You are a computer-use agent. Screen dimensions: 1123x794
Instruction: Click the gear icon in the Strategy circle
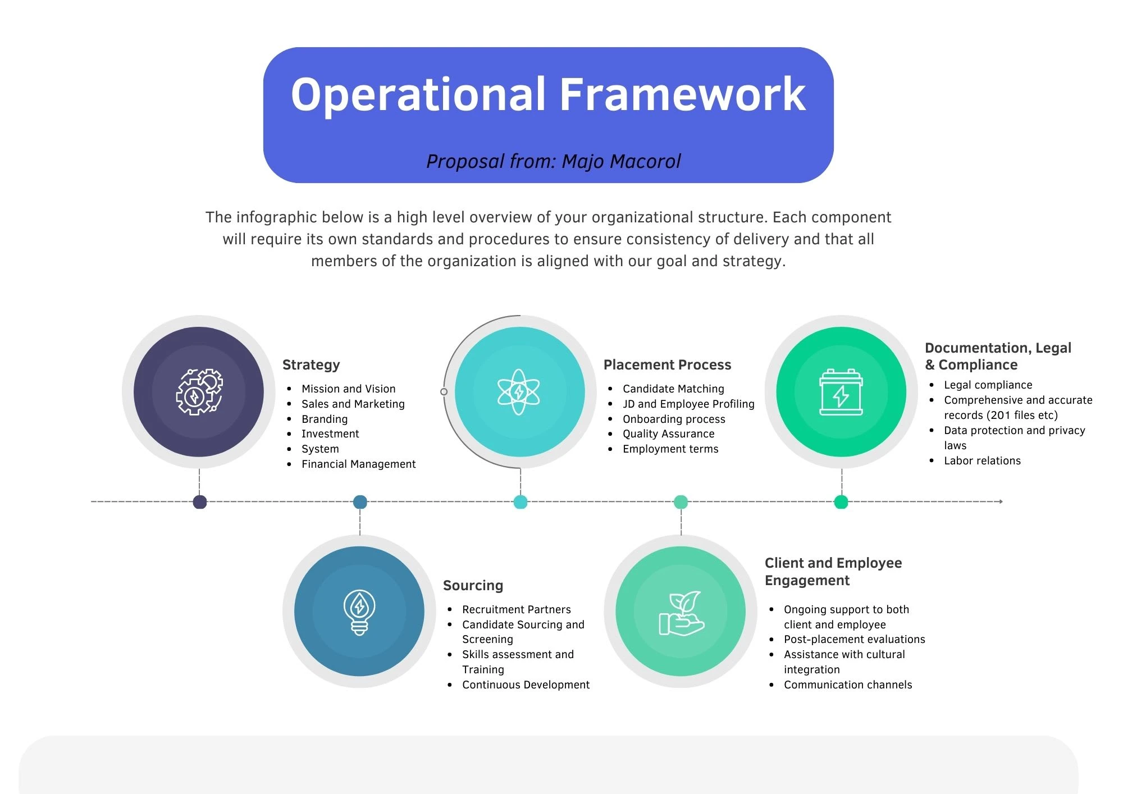tap(199, 391)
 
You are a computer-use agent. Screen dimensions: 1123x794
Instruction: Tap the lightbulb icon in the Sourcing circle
tap(359, 612)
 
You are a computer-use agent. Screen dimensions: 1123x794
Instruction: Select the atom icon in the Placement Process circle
tap(519, 392)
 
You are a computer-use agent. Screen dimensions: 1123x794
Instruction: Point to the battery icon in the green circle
tap(841, 392)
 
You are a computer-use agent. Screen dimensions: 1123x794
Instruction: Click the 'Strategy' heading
tap(311, 365)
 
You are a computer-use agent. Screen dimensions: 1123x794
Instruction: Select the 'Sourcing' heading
tap(473, 586)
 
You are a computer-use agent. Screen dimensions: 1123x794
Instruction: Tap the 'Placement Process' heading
tap(667, 365)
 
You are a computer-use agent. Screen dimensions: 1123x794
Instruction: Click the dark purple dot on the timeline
tap(199, 502)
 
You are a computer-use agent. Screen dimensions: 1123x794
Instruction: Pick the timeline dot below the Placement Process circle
tap(521, 502)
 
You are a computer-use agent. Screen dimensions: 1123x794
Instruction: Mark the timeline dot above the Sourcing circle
tap(360, 502)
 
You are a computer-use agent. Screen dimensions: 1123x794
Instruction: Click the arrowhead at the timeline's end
tap(1001, 501)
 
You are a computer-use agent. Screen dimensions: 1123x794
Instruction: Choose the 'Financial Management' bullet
tap(359, 464)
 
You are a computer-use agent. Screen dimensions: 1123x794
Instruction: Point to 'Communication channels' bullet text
tap(848, 685)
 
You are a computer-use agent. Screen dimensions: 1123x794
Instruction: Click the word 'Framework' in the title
tap(683, 94)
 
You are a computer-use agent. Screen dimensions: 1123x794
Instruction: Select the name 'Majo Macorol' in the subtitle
tap(621, 162)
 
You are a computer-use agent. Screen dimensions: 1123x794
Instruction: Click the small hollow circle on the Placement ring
tap(444, 391)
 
